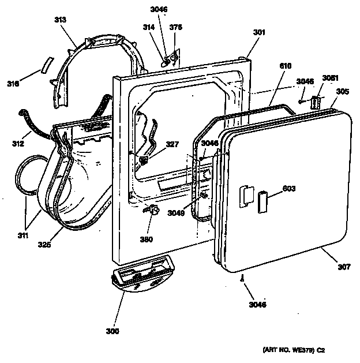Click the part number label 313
(x=60, y=20)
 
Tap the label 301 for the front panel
(x=259, y=32)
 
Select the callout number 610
(x=285, y=66)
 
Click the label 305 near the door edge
(x=343, y=91)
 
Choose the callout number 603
(x=288, y=188)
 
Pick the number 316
(x=13, y=84)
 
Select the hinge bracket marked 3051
(x=314, y=102)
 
